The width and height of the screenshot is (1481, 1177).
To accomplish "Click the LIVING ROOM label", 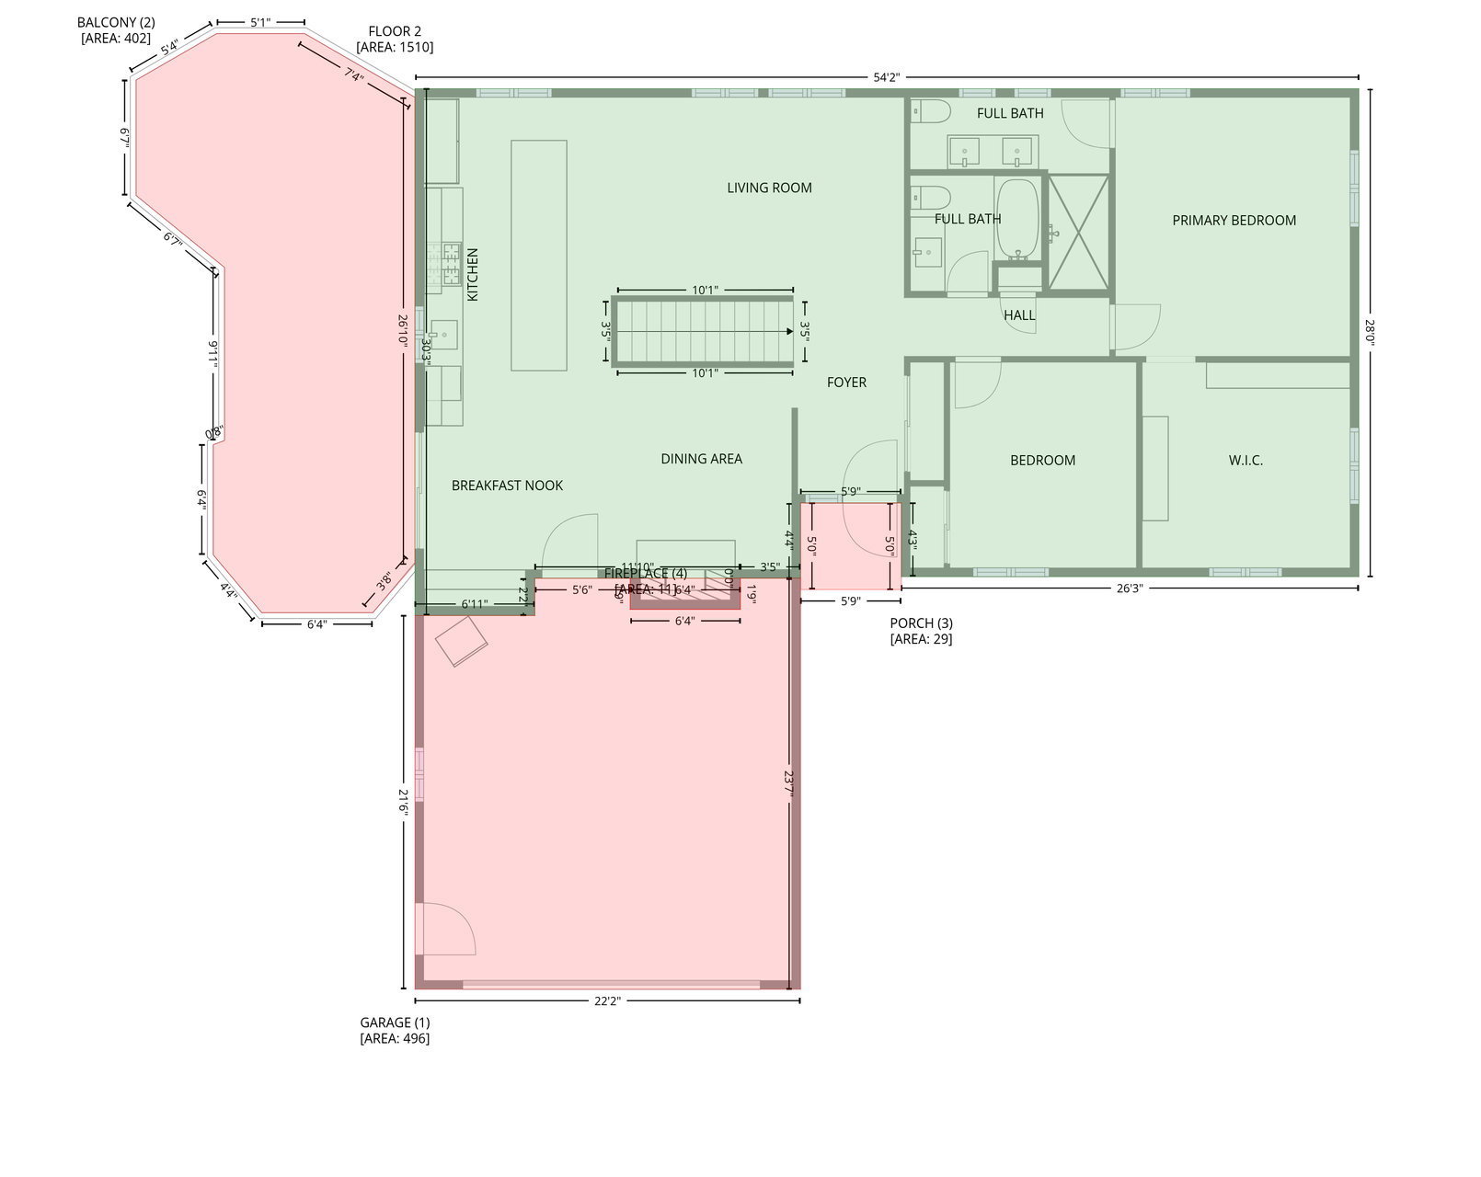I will pyautogui.click(x=769, y=188).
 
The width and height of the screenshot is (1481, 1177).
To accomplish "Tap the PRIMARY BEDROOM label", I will pyautogui.click(x=1234, y=220).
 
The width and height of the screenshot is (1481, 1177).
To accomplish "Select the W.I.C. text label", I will pyautogui.click(x=1246, y=460).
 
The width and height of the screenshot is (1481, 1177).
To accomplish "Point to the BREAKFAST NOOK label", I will pyautogui.click(x=507, y=486).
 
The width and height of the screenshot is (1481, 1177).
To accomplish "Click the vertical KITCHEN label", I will pyautogui.click(x=473, y=274).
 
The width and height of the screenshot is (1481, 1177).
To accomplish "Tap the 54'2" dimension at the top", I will pyautogui.click(x=886, y=77).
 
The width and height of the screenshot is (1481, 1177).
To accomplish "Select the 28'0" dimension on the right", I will pyautogui.click(x=1369, y=332).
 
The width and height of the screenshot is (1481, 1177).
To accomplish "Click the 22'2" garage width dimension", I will pyautogui.click(x=606, y=1001).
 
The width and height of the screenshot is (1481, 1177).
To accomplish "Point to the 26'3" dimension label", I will pyautogui.click(x=1129, y=588).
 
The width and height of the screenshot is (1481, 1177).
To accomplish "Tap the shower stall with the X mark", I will pyautogui.click(x=1079, y=232).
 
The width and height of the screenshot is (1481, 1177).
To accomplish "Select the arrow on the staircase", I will pyautogui.click(x=788, y=331).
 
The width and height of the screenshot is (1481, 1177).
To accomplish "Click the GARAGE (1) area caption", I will pyautogui.click(x=395, y=1030).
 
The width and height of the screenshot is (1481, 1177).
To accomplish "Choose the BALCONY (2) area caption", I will pyautogui.click(x=116, y=29).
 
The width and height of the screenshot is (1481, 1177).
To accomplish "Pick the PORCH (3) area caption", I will pyautogui.click(x=921, y=631).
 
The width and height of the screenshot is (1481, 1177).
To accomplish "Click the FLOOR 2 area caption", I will pyautogui.click(x=395, y=39).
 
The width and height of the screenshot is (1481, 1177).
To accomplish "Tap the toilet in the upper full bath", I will pyautogui.click(x=931, y=112).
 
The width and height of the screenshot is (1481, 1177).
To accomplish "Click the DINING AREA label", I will pyautogui.click(x=701, y=459).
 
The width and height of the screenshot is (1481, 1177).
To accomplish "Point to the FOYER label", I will pyautogui.click(x=846, y=383).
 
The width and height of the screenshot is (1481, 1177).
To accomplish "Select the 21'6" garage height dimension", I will pyautogui.click(x=403, y=800).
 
